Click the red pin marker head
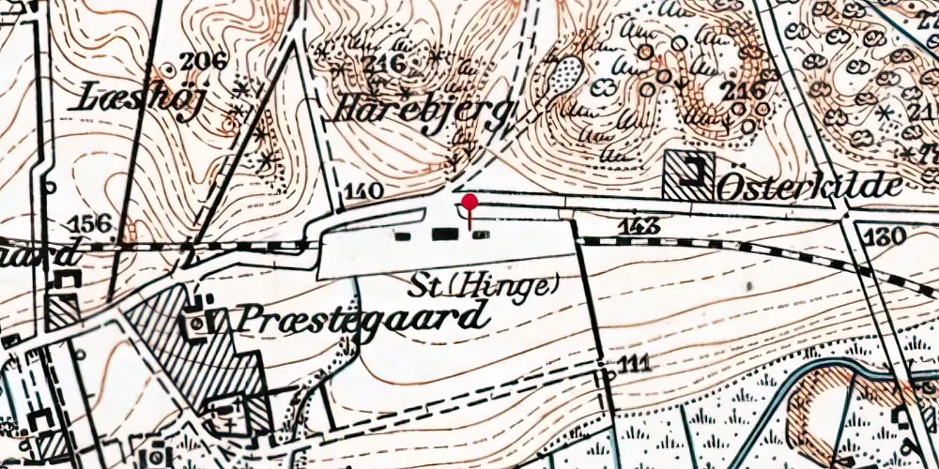[469, 202]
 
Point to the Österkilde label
[809, 186]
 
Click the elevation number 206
[205, 63]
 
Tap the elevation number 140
[364, 192]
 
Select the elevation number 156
[91, 224]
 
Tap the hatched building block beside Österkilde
[688, 174]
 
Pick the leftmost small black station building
[404, 235]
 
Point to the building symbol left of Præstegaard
[198, 323]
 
